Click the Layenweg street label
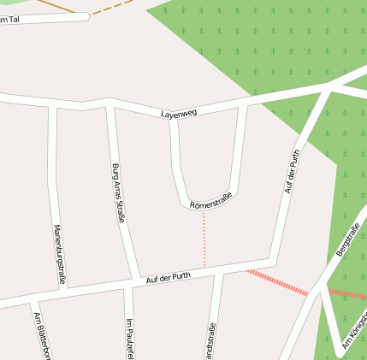click(x=180, y=114)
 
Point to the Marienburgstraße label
click(x=59, y=254)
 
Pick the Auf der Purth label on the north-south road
click(x=293, y=171)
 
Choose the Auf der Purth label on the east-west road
click(x=169, y=277)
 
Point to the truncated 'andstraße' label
click(x=211, y=341)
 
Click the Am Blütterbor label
click(x=40, y=335)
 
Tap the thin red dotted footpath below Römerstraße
click(x=204, y=239)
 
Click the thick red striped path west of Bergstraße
click(x=277, y=282)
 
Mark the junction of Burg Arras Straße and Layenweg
click(x=108, y=103)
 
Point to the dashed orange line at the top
click(x=111, y=9)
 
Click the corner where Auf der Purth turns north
click(x=274, y=259)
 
